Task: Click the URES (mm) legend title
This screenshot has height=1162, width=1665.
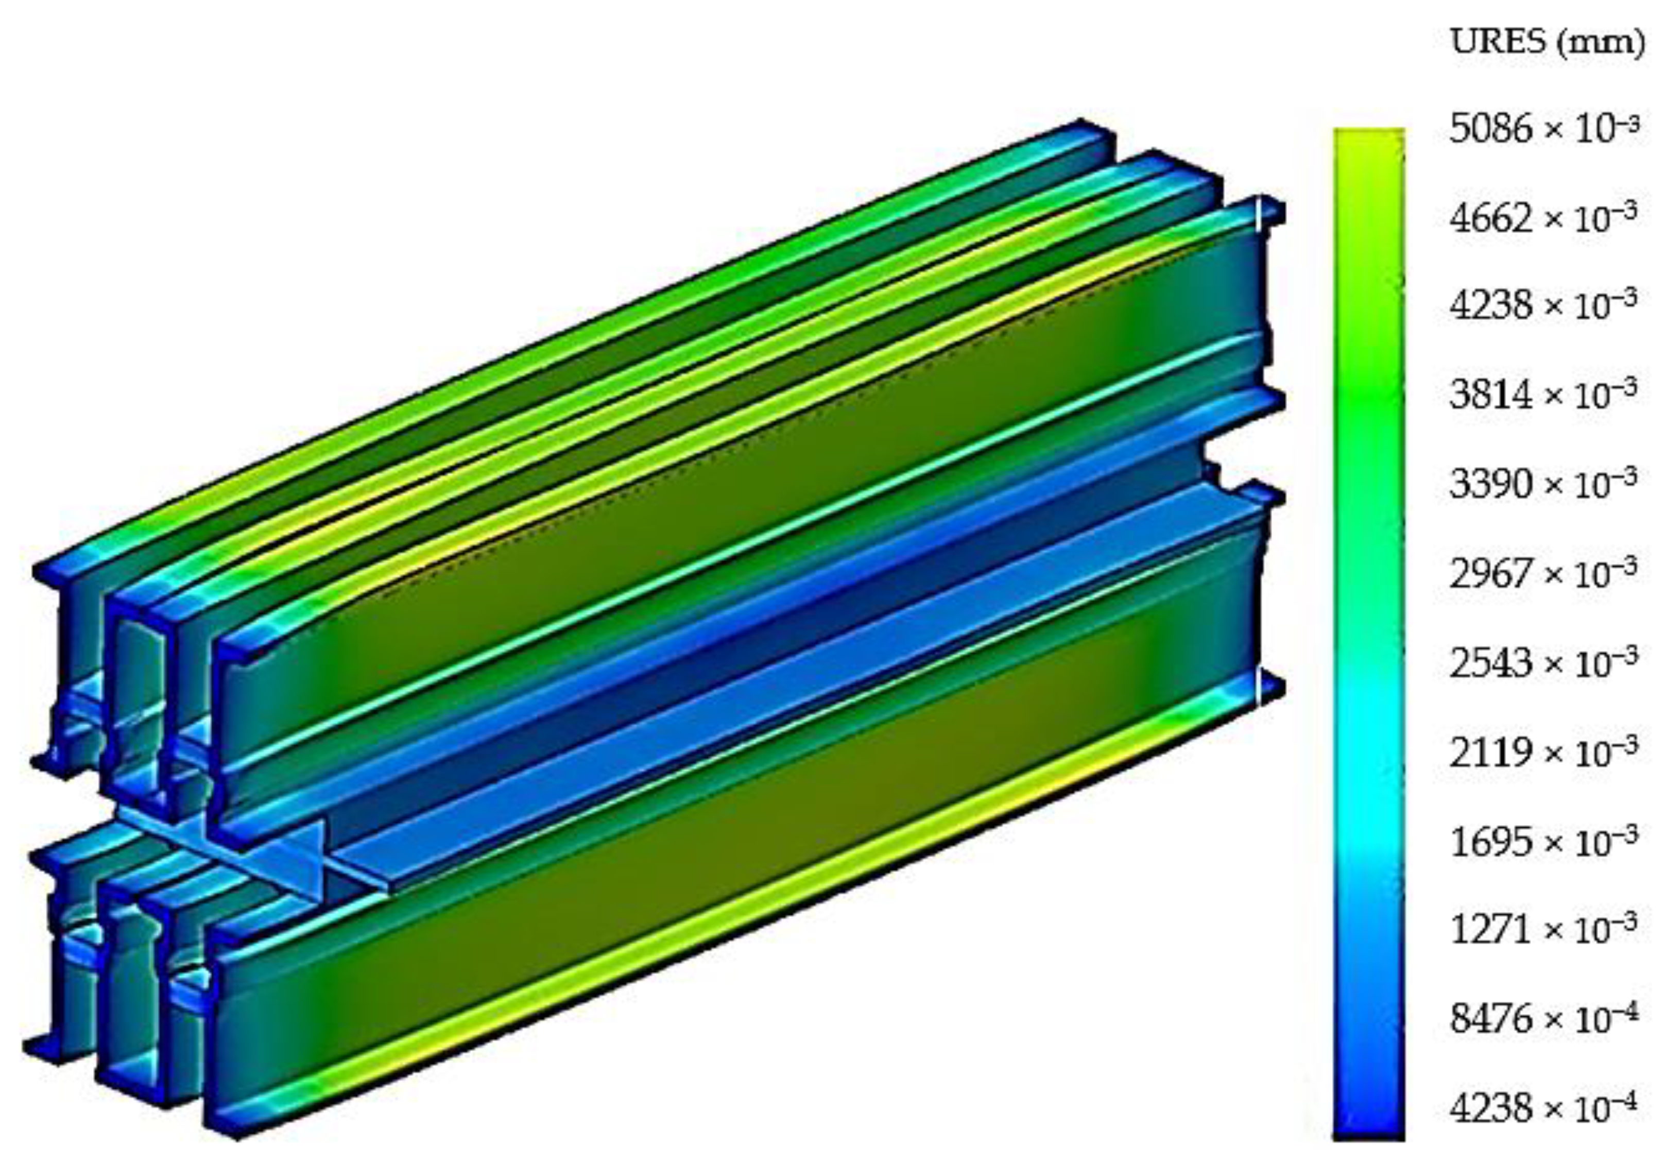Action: [1546, 43]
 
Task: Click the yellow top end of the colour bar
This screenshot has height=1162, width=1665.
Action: [1368, 142]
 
